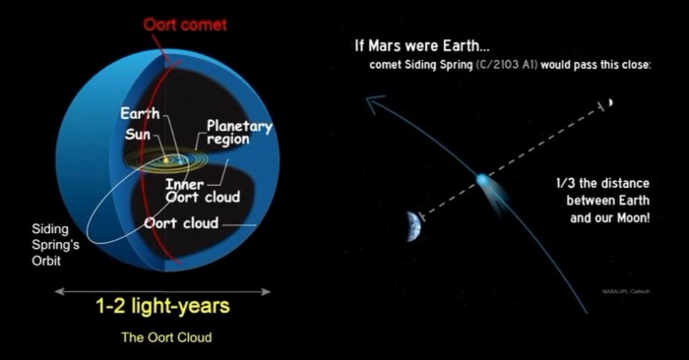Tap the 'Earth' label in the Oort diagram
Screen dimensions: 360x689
pos(140,113)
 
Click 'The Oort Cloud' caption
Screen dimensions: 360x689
pos(166,337)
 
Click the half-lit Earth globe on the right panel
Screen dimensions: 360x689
pos(413,225)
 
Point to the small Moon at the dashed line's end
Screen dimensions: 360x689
pos(610,102)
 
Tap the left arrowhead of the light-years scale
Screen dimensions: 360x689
pos(58,291)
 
